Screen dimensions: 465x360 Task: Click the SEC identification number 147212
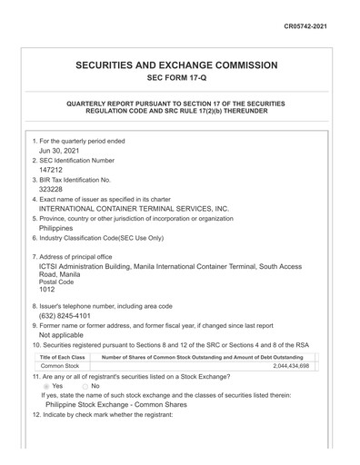coord(51,170)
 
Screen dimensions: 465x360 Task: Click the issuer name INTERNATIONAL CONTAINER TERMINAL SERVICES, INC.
coord(134,208)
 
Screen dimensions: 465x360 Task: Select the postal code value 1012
coord(47,290)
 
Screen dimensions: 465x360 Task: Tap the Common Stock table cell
coord(60,366)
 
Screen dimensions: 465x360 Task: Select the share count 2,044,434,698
coord(291,366)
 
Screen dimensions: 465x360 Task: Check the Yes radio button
coord(46,386)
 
